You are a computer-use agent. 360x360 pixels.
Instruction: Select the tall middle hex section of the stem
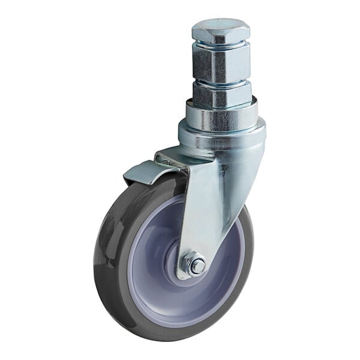pos(221,63)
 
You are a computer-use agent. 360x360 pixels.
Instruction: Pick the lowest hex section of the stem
pos(221,94)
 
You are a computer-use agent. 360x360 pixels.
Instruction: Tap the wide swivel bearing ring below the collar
pos(222,136)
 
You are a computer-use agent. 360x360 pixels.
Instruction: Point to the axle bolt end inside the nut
pos(196,265)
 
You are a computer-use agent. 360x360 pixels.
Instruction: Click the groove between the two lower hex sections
pos(221,82)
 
